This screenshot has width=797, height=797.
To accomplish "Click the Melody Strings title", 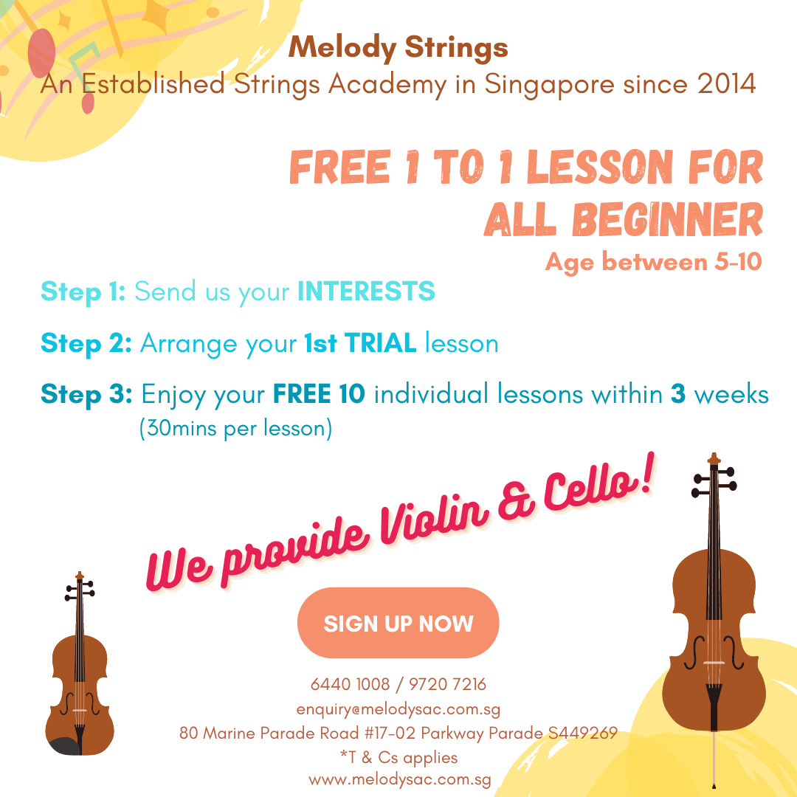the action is pyautogui.click(x=398, y=48).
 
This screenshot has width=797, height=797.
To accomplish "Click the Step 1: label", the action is pyautogui.click(x=83, y=291).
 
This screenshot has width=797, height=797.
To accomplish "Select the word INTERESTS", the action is pyautogui.click(x=366, y=291).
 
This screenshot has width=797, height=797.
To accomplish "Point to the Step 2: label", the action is pyautogui.click(x=86, y=343).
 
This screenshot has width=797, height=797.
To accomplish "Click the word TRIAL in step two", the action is pyautogui.click(x=381, y=342).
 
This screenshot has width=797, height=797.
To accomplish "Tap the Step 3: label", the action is pyautogui.click(x=86, y=394).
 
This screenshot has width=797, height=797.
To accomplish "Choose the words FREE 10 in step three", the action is pyautogui.click(x=319, y=394).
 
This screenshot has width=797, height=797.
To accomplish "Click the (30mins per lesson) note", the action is pyautogui.click(x=236, y=428).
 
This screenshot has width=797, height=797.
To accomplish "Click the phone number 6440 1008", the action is pyautogui.click(x=350, y=684).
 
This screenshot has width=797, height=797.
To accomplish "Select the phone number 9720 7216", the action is pyautogui.click(x=447, y=684).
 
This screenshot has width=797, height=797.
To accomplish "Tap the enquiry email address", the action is pyautogui.click(x=398, y=709).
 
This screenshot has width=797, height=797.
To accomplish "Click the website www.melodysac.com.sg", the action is pyautogui.click(x=400, y=780).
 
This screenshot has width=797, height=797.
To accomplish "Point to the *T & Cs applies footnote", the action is pyautogui.click(x=399, y=757).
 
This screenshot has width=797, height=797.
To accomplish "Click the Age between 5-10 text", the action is pyautogui.click(x=653, y=262).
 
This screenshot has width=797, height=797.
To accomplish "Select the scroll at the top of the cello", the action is pyautogui.click(x=714, y=459).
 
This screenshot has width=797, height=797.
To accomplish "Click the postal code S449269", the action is pyautogui.click(x=583, y=733).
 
